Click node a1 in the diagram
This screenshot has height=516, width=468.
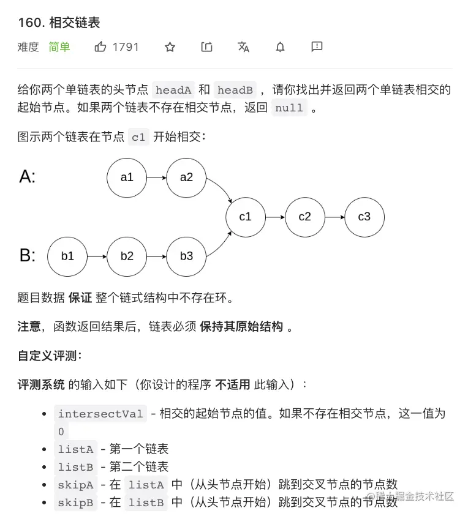(x=127, y=178)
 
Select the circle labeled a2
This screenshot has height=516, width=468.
(x=186, y=178)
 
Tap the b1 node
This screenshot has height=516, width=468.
(x=67, y=256)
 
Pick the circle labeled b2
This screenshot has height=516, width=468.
(x=127, y=256)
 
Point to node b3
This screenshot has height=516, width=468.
(x=186, y=256)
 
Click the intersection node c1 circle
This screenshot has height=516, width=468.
(x=246, y=217)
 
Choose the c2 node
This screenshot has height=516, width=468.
(x=305, y=217)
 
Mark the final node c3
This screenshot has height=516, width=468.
(x=364, y=217)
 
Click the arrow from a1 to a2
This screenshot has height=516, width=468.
(x=156, y=178)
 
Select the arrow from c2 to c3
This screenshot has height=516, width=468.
(x=334, y=217)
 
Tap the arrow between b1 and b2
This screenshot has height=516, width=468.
(x=97, y=256)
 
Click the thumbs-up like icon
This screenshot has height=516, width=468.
(x=100, y=47)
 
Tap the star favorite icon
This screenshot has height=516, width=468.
(x=170, y=47)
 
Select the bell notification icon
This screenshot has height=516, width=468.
(x=280, y=47)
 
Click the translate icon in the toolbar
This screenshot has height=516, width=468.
(x=243, y=47)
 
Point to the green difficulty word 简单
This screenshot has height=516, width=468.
(x=59, y=47)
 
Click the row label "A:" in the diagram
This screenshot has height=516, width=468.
(x=28, y=177)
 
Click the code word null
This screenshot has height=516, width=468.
(x=289, y=108)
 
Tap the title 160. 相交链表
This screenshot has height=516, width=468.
(x=59, y=23)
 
